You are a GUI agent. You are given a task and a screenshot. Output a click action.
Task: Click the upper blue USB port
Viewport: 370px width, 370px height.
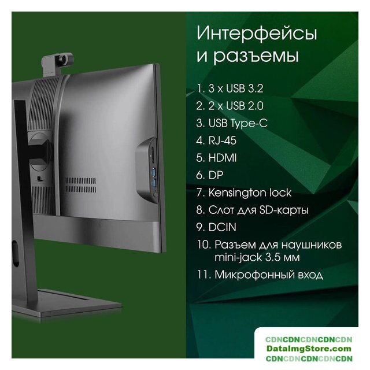click(x=154, y=172)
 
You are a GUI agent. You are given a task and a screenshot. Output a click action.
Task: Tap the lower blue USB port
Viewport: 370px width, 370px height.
click(x=154, y=183)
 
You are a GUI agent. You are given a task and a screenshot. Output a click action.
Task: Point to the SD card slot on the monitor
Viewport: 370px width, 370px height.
click(x=153, y=155)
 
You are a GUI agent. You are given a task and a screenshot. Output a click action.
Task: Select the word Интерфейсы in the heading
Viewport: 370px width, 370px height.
click(x=257, y=34)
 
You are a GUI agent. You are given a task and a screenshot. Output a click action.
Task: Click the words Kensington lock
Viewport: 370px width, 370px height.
click(x=250, y=193)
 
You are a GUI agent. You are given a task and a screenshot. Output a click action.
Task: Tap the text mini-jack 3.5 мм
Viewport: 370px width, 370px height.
click(x=257, y=257)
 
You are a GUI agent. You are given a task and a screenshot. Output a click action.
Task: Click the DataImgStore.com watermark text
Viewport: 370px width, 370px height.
click(x=309, y=348)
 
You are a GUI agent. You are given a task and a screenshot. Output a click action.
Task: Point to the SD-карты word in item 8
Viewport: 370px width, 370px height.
click(x=284, y=210)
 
